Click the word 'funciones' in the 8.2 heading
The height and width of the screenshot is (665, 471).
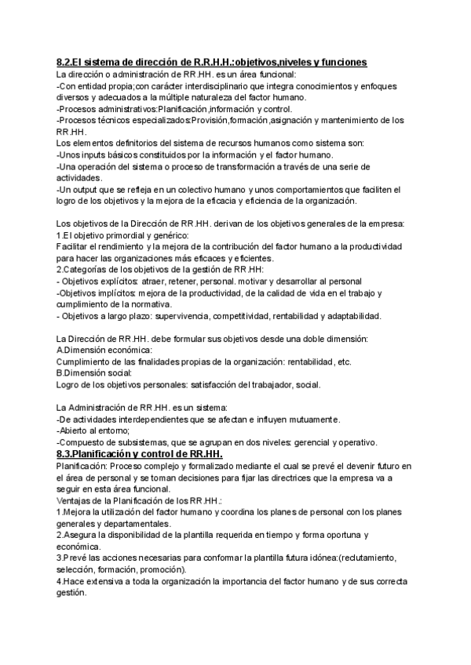click(x=343, y=62)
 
